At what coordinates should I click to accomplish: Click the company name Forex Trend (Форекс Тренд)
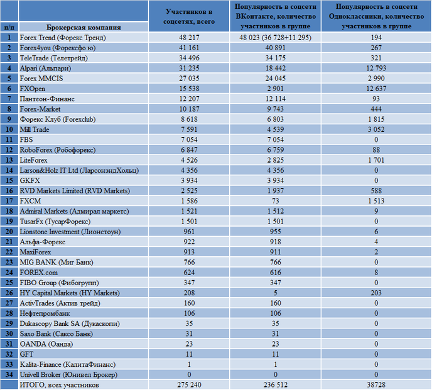pos(63,38)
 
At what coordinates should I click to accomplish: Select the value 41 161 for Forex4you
pos(189,48)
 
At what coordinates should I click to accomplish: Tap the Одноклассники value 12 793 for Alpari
pos(376,68)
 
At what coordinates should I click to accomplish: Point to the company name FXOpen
pos(33,89)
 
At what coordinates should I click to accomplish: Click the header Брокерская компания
pos(84,27)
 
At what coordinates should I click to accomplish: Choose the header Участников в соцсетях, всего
pos(189,16)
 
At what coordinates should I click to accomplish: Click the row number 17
pos(9,201)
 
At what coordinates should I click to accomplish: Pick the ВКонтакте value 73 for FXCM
pos(276,201)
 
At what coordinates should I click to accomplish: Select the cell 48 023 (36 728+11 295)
pos(276,38)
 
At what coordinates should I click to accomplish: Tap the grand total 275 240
pos(189,385)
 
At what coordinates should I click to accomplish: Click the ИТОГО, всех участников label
pos(59,385)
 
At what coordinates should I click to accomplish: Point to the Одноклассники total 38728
pos(376,385)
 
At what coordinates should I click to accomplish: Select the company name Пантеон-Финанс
pos(47,99)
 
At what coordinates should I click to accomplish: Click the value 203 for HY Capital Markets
pos(376,293)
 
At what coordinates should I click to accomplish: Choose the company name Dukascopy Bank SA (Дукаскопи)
pos(70,323)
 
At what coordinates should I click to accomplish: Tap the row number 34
pos(9,374)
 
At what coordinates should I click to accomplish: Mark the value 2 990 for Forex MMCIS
pos(376,79)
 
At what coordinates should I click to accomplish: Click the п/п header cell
pos(9,27)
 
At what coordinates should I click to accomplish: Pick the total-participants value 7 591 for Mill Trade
pos(189,129)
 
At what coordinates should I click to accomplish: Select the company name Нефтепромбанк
pos(45,313)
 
